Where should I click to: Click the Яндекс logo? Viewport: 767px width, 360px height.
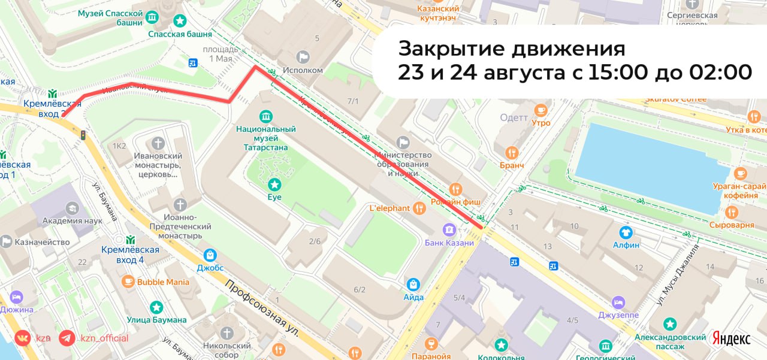point(731,338)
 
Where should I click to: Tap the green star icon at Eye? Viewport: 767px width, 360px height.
point(274,184)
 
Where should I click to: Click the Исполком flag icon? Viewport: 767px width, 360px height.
point(303,57)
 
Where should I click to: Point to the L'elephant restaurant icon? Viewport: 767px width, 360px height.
point(419,208)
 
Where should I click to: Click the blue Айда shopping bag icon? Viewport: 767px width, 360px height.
point(413,284)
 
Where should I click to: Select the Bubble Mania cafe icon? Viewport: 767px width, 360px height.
point(128,281)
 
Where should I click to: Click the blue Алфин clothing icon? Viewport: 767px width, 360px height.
point(626,232)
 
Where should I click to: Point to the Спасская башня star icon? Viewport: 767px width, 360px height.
point(179,20)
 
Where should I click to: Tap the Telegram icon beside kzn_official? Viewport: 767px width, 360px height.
point(67,338)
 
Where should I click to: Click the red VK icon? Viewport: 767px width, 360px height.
point(23,338)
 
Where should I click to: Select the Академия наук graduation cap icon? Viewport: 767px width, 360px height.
point(73,207)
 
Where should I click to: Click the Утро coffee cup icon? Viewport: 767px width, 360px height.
point(540,110)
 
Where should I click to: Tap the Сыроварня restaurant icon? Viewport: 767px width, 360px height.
point(731,212)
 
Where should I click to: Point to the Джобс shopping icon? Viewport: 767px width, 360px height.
point(210,255)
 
